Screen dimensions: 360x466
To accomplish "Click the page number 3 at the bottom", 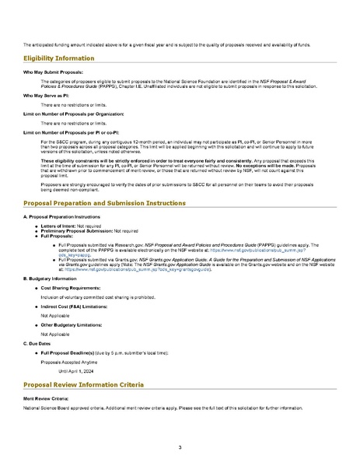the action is point(180,447).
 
